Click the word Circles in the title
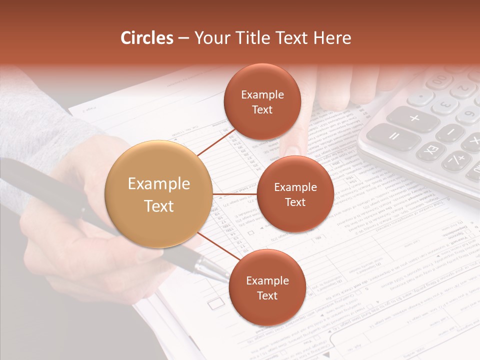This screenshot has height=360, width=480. click(x=147, y=38)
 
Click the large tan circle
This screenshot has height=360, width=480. click(x=159, y=194)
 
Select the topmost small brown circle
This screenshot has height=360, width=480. click(x=262, y=102)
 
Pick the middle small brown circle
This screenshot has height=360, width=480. click(x=295, y=194)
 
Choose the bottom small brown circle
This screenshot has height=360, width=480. click(x=267, y=288)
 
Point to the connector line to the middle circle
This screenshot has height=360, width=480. click(x=234, y=194)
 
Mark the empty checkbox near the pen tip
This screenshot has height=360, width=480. click(x=215, y=303)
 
